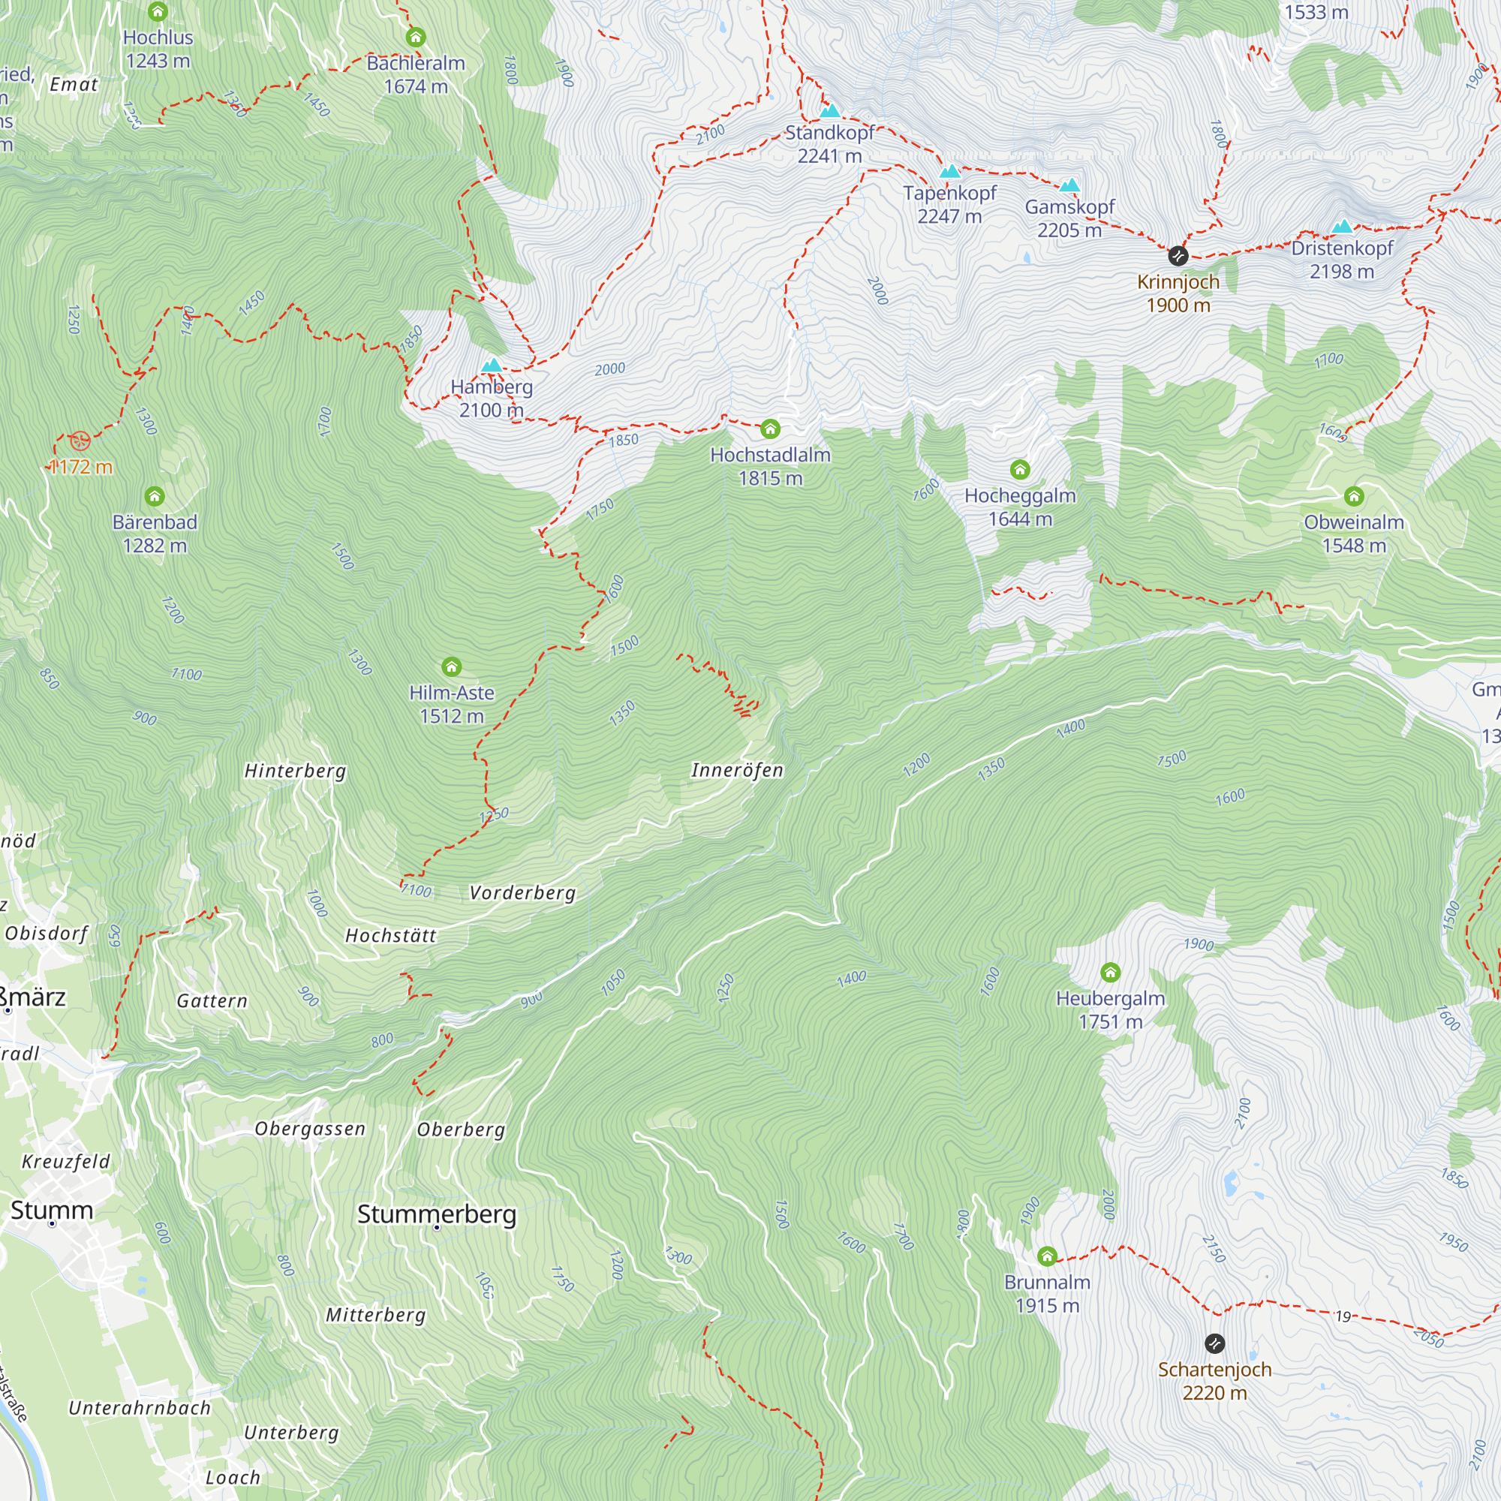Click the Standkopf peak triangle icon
click(x=830, y=111)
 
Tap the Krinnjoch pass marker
click(x=1178, y=255)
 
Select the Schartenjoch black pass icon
click(x=1214, y=1343)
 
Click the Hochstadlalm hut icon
click(x=770, y=429)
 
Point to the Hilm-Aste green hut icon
click(x=451, y=666)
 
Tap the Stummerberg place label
click(x=437, y=1214)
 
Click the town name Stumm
click(x=51, y=1210)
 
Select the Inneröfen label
click(x=736, y=770)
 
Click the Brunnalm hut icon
click(x=1046, y=1256)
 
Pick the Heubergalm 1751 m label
click(x=1110, y=1010)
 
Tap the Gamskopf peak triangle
click(x=1069, y=185)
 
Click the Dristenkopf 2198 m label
click(x=1342, y=260)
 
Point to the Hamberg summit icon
click(x=491, y=365)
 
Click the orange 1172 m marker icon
click(x=80, y=441)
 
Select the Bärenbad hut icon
click(x=155, y=495)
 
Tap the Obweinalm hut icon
click(x=1354, y=495)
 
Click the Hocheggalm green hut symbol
click(x=1020, y=469)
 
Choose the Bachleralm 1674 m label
click(x=416, y=74)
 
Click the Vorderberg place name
click(x=522, y=892)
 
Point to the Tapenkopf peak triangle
click(x=949, y=172)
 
